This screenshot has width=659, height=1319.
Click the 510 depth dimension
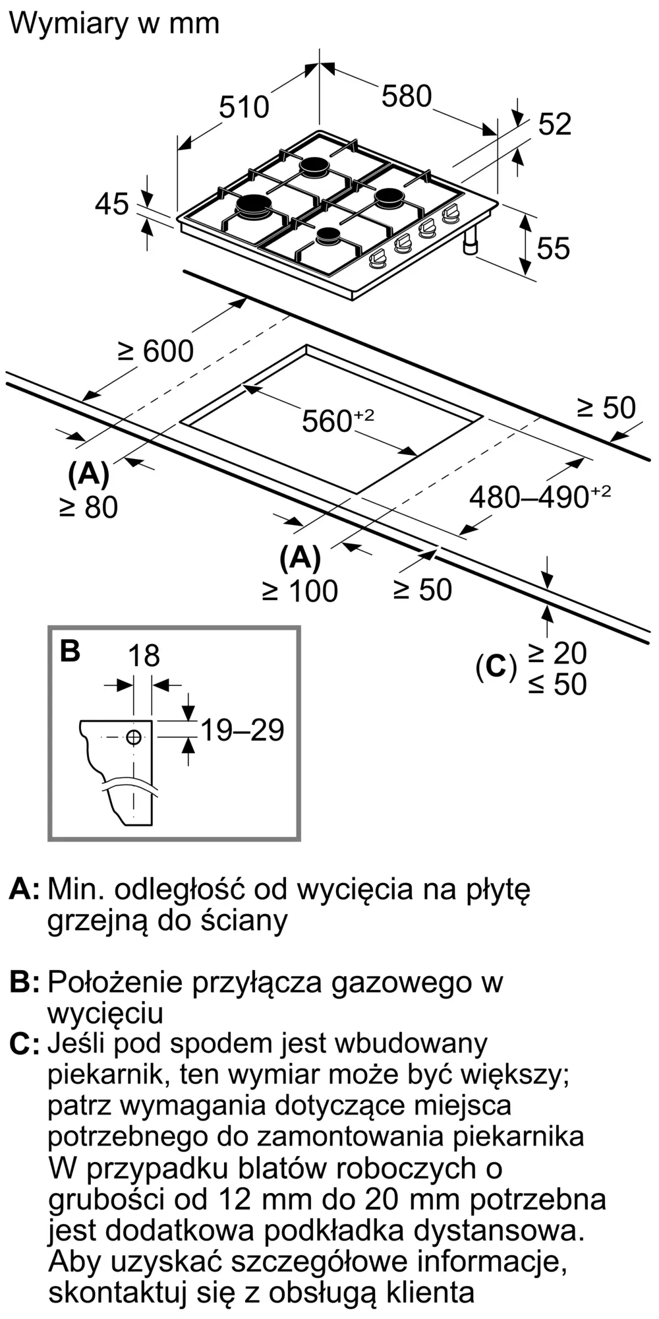244,107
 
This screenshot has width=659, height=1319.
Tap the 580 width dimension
407,96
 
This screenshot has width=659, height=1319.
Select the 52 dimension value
555,125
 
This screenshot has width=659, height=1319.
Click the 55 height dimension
553,249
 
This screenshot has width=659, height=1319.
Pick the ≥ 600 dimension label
156,351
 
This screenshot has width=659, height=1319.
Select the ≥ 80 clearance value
88,507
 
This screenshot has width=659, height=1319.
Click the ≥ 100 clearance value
300,591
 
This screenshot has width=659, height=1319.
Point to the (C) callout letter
496,668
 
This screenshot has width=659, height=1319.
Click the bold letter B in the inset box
70,651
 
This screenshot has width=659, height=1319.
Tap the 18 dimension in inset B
144,656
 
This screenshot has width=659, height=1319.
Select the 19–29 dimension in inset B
242,730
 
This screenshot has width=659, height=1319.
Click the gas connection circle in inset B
134,737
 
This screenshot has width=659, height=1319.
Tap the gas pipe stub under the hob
471,241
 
